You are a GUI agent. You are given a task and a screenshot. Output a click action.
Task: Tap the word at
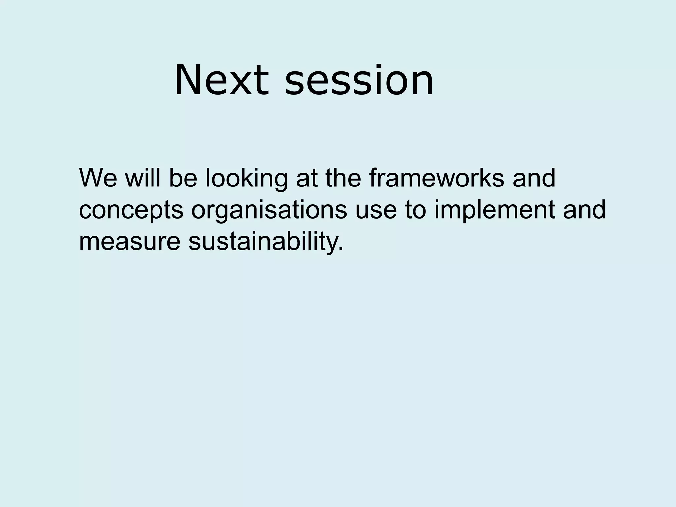pos(307,179)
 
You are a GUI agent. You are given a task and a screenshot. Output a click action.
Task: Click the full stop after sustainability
pos(341,249)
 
